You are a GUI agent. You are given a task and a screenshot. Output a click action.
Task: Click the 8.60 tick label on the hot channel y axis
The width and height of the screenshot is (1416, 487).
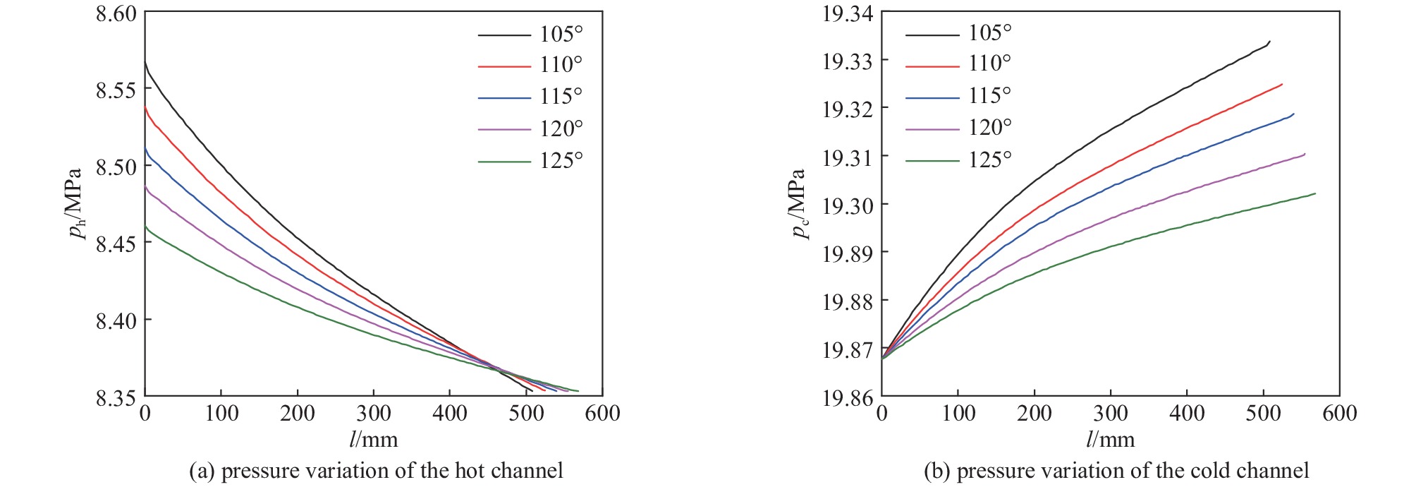[x=116, y=13]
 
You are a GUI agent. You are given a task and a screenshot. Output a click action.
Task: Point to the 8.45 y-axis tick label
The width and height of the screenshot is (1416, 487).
[x=116, y=243]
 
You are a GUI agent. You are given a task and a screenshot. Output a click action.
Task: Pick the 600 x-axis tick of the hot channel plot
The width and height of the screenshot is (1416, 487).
[x=602, y=413]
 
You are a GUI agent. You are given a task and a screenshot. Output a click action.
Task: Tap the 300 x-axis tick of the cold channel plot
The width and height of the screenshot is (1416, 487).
[x=1111, y=413]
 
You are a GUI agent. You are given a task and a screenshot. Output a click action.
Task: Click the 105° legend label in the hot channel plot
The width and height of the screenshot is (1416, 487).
[x=561, y=34]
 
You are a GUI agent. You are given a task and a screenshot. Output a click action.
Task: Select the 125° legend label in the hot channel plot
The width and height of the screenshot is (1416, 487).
[x=561, y=161]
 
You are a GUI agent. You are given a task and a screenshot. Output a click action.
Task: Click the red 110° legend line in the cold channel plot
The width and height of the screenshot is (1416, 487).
[x=932, y=66]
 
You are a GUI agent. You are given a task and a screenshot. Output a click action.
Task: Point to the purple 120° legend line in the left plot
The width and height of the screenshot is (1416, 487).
[x=504, y=130]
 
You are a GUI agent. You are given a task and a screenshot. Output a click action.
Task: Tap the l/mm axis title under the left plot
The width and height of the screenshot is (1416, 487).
[x=374, y=440]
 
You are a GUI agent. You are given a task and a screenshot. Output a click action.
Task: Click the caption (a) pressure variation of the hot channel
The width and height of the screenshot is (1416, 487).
[x=376, y=471]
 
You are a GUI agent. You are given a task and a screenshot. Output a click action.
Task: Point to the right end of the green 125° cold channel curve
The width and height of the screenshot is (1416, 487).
[x=1315, y=193]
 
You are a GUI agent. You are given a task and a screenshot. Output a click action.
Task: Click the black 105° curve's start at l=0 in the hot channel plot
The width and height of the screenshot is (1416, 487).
[x=145, y=62]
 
